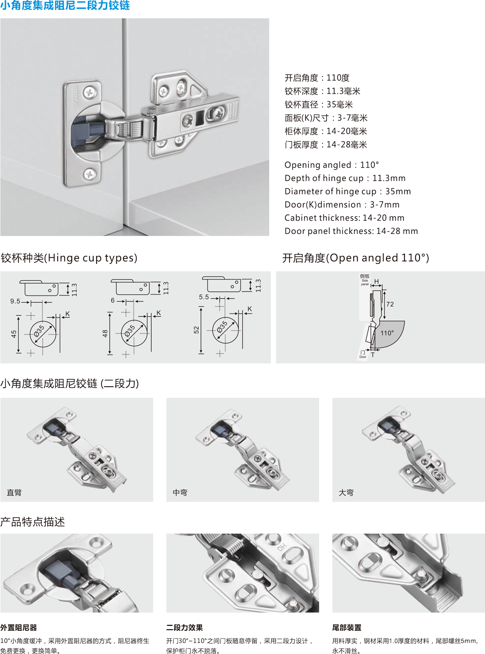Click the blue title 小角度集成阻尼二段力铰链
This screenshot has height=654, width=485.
click(65, 5)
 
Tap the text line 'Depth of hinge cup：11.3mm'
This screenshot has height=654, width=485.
click(345, 178)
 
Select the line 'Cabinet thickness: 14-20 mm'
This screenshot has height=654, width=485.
click(344, 218)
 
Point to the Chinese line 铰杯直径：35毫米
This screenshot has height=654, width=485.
click(319, 105)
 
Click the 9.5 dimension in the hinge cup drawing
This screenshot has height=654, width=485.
click(15, 301)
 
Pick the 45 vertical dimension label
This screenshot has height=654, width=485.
click(14, 334)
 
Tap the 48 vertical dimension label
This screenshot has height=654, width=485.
click(105, 333)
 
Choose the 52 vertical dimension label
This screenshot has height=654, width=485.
click(196, 330)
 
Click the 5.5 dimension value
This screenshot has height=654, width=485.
click(204, 297)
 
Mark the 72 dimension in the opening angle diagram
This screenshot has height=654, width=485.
click(390, 304)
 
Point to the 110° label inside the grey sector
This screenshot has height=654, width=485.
click(387, 333)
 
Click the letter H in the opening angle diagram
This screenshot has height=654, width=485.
click(376, 281)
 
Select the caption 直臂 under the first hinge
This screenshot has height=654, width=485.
click(14, 492)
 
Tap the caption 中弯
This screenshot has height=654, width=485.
click(180, 492)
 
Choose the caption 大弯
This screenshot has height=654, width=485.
click(346, 492)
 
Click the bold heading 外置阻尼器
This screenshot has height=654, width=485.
click(18, 627)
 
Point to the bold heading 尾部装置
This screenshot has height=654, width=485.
click(347, 627)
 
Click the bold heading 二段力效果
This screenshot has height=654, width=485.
click(185, 627)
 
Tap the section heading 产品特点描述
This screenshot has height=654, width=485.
click(32, 522)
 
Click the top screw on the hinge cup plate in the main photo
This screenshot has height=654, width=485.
click(89, 92)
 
